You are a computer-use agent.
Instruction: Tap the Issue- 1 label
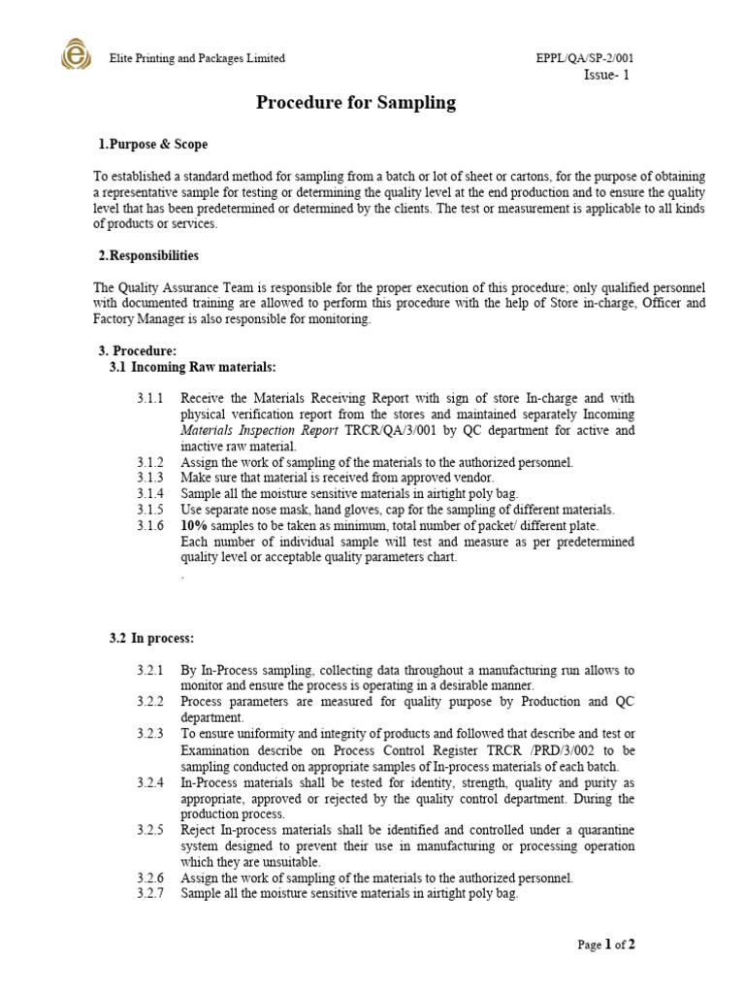click(x=606, y=77)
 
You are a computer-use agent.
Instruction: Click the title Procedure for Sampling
click(x=355, y=103)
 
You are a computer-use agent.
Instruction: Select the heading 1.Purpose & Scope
click(x=152, y=145)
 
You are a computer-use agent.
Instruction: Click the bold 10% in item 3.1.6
click(x=194, y=526)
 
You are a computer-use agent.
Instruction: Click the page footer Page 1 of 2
click(x=606, y=944)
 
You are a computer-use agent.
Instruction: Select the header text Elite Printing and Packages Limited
click(x=197, y=58)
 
